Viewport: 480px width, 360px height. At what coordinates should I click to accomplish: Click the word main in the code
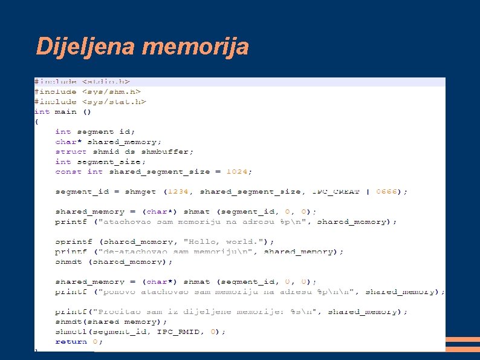click(66, 111)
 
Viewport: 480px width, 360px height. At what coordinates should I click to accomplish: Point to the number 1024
click(237, 171)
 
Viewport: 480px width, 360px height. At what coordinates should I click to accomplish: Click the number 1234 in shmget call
click(179, 191)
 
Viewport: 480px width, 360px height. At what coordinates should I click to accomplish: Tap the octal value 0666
click(386, 191)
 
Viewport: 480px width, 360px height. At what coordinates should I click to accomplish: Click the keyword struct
click(71, 151)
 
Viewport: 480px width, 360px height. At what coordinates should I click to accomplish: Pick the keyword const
click(68, 171)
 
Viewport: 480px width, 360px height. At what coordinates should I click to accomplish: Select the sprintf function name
click(73, 241)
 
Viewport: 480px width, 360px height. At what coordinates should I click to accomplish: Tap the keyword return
click(71, 341)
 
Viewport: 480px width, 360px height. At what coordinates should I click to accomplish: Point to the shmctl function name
click(71, 332)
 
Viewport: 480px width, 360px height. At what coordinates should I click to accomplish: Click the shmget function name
click(140, 191)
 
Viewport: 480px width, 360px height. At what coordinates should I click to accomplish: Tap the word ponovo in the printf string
click(120, 292)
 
